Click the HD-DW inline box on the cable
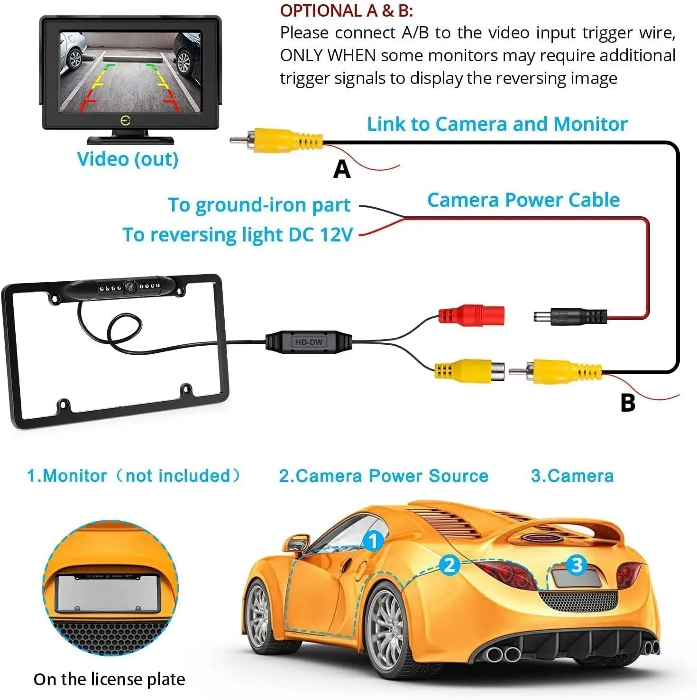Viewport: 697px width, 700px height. tap(309, 342)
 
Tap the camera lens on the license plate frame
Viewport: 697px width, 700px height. tap(129, 286)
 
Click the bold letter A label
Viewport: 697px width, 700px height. tap(342, 169)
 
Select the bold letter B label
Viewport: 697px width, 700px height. tap(628, 403)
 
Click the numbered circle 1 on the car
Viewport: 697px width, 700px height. tap(373, 541)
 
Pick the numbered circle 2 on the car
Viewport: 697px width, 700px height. tap(449, 565)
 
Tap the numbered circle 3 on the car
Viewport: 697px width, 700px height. tap(577, 565)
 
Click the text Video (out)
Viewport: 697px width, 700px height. tap(128, 159)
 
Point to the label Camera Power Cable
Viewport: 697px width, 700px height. tap(523, 200)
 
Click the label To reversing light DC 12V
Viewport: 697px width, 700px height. tap(238, 235)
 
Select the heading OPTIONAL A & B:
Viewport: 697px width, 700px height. tap(346, 10)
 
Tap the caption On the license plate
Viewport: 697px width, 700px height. tap(109, 679)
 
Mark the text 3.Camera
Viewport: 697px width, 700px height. tap(572, 476)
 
